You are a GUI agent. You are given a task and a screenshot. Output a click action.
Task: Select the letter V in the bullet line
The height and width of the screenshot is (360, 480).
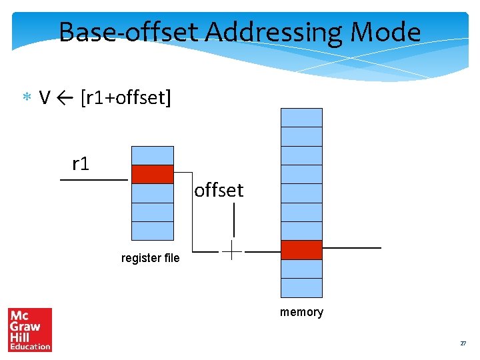click(x=45, y=98)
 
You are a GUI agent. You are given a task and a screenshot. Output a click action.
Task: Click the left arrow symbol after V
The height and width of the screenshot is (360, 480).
click(x=65, y=99)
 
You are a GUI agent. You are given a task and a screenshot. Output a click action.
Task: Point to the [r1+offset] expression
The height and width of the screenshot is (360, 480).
click(x=125, y=99)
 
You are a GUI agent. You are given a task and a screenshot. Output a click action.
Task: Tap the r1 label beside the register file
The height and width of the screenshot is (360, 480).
click(x=81, y=163)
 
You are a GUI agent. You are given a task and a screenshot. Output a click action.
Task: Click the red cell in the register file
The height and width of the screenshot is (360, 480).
click(x=152, y=174)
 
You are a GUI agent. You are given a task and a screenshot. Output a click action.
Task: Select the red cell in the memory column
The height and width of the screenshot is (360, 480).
click(x=301, y=250)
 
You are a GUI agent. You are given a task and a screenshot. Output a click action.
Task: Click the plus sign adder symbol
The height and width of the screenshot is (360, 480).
click(x=231, y=251)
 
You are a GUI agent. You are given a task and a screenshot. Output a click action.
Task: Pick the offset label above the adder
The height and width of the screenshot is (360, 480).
click(x=219, y=191)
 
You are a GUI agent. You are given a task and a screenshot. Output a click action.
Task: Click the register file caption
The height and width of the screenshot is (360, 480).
click(x=150, y=258)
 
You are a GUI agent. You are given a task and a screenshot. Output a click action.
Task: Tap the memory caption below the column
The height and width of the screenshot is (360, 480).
click(x=301, y=312)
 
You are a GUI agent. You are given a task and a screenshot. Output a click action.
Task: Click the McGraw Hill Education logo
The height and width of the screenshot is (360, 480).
click(x=30, y=329)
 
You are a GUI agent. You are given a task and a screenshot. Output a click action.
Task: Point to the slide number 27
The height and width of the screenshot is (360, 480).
click(x=463, y=343)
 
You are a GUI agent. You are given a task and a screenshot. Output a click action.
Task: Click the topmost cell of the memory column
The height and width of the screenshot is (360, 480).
click(x=301, y=117)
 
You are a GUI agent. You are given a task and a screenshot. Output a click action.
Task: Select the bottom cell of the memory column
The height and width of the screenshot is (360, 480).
click(x=301, y=287)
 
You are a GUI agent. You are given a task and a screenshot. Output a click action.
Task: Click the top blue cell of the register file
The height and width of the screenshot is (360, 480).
click(x=152, y=155)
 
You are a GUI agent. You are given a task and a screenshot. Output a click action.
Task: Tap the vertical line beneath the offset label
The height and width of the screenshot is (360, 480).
click(x=233, y=219)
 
